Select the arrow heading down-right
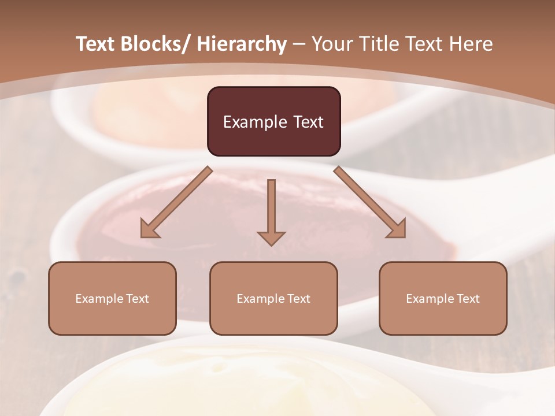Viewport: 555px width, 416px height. click(370, 202)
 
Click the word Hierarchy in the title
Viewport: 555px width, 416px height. click(242, 44)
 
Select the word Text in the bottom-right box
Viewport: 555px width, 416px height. click(468, 299)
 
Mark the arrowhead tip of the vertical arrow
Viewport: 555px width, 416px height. click(271, 245)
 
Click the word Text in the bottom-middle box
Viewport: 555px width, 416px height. click(298, 299)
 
